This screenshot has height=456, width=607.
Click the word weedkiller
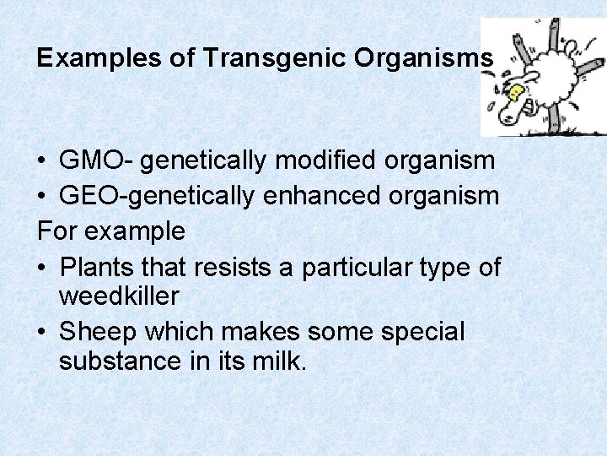click(x=119, y=296)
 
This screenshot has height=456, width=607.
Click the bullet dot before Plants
click(x=42, y=268)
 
